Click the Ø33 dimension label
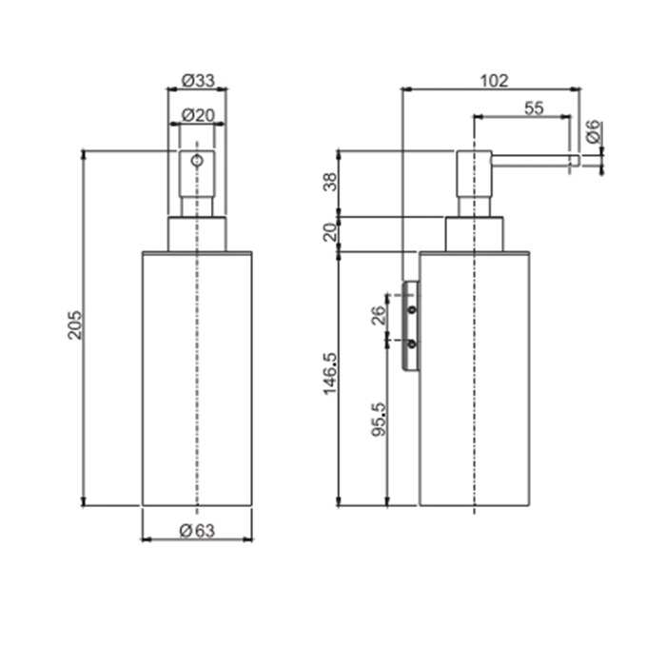198,80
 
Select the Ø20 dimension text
198,115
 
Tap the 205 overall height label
75,325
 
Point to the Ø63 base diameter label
198,531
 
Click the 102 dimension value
494,80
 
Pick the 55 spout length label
534,108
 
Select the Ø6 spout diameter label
594,131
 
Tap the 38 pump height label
330,182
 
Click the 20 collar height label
330,232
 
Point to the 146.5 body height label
330,373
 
